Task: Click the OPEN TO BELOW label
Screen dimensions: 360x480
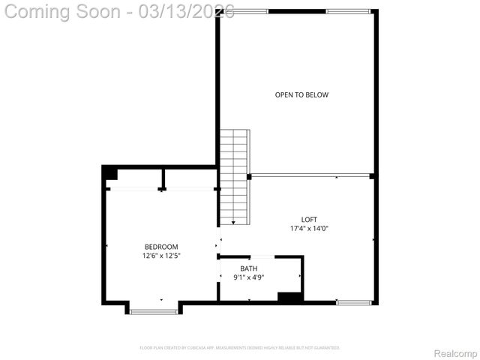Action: [x=301, y=95]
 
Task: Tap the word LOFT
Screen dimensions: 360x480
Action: [x=309, y=220]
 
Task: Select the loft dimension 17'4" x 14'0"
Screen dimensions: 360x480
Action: [x=309, y=229]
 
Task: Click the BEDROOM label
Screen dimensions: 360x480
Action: [x=161, y=247]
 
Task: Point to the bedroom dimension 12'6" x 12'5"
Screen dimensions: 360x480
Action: [x=161, y=256]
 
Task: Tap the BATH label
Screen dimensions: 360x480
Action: [x=248, y=268]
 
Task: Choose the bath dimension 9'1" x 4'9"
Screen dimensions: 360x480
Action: [x=248, y=277]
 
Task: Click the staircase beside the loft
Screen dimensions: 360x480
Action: [x=234, y=176]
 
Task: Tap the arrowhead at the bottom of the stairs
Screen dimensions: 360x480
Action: [x=234, y=222]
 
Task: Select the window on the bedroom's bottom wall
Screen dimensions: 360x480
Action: [x=153, y=310]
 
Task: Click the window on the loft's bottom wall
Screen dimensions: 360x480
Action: [x=354, y=302]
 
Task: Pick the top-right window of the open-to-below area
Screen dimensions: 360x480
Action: [x=348, y=11]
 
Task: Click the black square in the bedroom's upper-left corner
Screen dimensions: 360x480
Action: [x=110, y=174]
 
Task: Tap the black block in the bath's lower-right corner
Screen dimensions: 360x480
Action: [x=289, y=297]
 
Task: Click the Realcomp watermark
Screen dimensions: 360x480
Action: [x=456, y=353]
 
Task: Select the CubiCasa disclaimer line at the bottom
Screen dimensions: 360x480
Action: [x=240, y=348]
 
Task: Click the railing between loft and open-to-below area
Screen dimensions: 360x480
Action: [x=310, y=176]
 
